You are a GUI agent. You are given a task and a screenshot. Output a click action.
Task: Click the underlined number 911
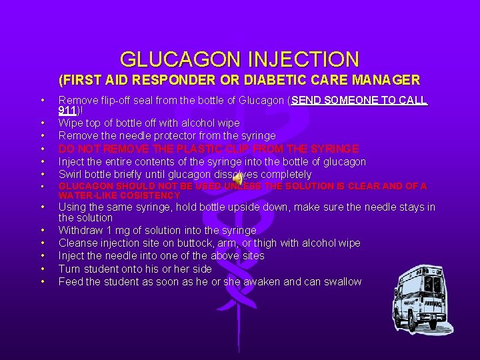pyautogui.click(x=67, y=111)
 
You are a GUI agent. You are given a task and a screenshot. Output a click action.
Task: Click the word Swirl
pyautogui.click(x=71, y=174)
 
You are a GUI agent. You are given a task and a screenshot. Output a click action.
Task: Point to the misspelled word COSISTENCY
pyautogui.click(x=148, y=195)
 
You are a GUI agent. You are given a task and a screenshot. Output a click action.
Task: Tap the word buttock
pyautogui.click(x=197, y=243)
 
